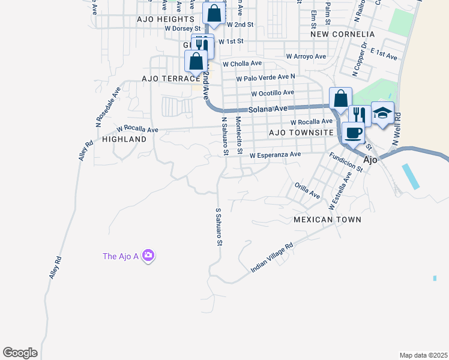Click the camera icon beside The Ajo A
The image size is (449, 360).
149,256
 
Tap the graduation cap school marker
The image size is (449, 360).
382,113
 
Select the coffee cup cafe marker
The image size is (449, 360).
353,133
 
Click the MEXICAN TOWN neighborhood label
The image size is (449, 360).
328,220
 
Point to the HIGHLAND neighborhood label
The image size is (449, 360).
124,139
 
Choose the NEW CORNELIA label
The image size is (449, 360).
343,34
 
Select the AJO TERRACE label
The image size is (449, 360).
171,79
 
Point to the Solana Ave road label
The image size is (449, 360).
268,109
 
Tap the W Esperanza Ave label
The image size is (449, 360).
275,154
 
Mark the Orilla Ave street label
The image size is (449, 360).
307,190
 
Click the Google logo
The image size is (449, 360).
20,353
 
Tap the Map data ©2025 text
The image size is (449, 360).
423,355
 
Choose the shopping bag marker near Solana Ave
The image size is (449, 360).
340,98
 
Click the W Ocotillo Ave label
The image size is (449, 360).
273,93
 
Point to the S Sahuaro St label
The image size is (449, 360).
219,227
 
